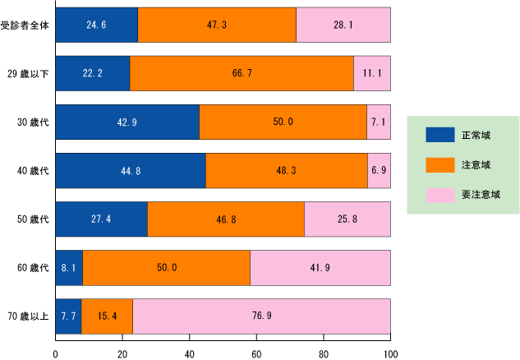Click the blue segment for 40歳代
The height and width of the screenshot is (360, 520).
point(130,171)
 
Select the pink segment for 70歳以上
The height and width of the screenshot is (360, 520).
point(261,316)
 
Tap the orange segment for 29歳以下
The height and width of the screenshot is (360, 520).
point(242,74)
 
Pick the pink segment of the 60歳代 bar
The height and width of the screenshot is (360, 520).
point(320,268)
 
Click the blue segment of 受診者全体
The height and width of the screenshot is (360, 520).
point(96,25)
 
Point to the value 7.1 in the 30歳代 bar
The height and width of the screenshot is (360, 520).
point(379,122)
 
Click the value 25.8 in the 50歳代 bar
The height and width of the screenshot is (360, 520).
point(347,219)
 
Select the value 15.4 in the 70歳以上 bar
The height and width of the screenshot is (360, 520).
point(107,316)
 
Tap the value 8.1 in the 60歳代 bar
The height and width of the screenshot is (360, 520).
point(69,268)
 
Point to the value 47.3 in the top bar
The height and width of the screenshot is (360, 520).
point(217,25)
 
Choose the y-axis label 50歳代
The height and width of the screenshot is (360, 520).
point(34,219)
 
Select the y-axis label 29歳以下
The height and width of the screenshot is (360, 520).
point(32,74)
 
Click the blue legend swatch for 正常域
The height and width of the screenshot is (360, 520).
point(439,135)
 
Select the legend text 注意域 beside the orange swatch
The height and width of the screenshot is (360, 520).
point(476,165)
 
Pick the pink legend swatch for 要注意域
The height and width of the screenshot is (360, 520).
point(439,195)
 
